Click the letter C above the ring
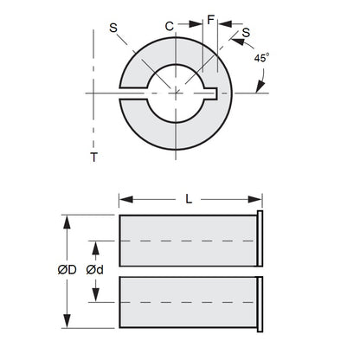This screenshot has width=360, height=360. point(170,26)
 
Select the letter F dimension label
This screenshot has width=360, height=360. point(210,18)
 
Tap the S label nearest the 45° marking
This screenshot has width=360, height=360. point(247,33)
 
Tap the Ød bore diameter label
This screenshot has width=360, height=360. point(95,269)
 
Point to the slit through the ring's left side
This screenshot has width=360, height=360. point(130,91)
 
